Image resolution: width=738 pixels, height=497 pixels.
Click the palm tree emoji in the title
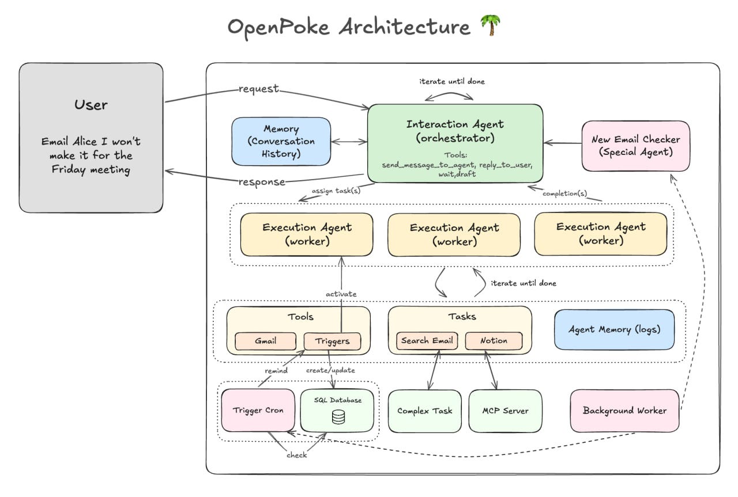(x=490, y=26)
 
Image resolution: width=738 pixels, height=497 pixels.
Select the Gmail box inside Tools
(x=265, y=341)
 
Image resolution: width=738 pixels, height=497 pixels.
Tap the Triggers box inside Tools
(x=332, y=341)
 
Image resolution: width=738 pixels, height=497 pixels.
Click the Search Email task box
(x=427, y=340)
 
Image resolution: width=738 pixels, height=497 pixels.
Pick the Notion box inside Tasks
(x=494, y=340)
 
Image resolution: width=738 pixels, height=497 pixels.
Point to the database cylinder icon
(x=338, y=417)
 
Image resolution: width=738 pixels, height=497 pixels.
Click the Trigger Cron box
(x=258, y=411)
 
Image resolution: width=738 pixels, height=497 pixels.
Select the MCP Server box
(x=505, y=411)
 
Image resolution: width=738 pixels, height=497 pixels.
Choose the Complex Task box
(x=425, y=411)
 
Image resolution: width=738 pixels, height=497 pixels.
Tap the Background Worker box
(x=624, y=411)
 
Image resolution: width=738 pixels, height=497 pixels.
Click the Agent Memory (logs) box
(x=614, y=330)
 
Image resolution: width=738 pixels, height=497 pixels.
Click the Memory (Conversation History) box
(x=281, y=142)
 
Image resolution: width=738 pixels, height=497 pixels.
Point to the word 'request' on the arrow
(x=258, y=89)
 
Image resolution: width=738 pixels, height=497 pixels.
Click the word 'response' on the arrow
(x=262, y=182)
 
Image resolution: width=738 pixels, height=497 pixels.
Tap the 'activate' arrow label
(x=341, y=294)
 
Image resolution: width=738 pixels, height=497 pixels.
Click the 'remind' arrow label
(x=276, y=370)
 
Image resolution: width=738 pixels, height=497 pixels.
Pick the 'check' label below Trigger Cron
(x=297, y=455)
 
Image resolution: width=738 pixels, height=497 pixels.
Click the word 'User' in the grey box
(x=91, y=105)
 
